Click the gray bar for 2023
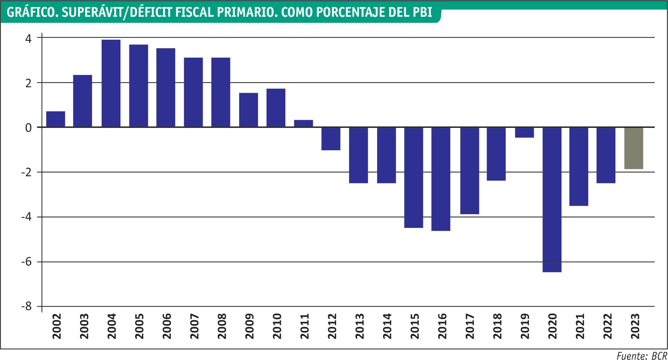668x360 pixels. (633, 148)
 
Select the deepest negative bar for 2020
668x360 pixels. (552, 200)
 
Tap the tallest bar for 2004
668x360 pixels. (111, 83)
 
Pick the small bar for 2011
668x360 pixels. (304, 124)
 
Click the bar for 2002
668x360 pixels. (56, 119)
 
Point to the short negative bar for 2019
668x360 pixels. (524, 132)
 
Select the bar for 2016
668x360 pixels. (441, 179)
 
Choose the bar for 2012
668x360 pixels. (331, 139)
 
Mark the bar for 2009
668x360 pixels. (248, 110)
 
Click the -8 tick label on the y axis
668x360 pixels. (26, 307)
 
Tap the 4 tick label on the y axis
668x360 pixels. (29, 38)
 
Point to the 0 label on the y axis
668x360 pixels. (29, 128)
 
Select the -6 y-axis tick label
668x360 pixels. (26, 262)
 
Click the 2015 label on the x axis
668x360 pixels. (415, 326)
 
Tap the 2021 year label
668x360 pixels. (580, 326)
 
